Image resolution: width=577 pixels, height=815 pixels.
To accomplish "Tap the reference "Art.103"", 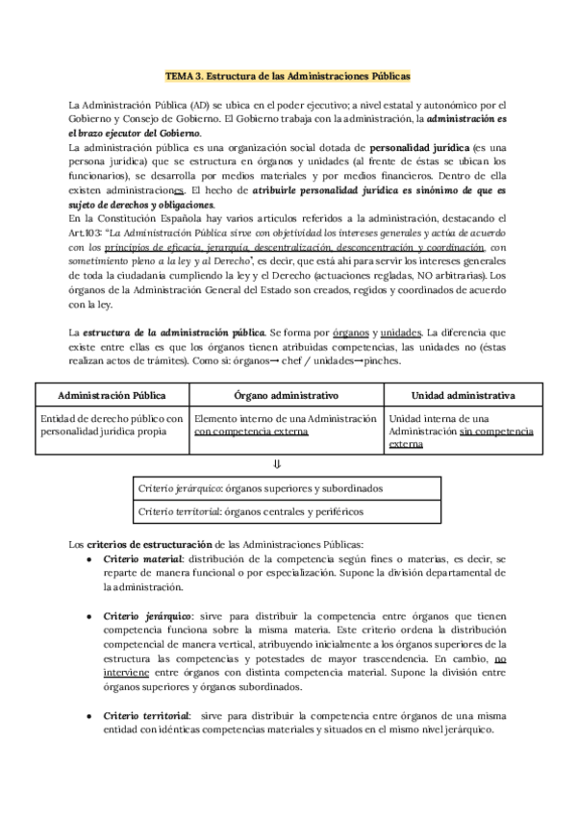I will [x=85, y=234].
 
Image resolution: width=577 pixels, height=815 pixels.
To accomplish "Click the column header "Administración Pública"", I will [x=112, y=396].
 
